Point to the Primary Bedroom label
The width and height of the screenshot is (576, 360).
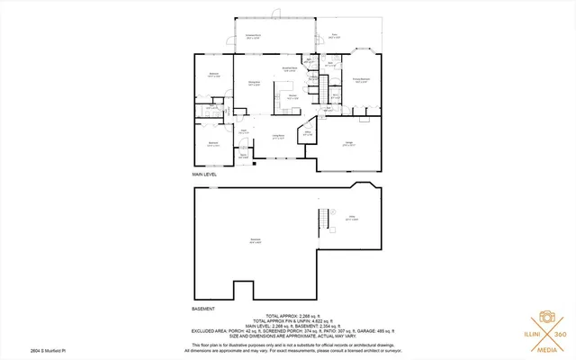[x=363, y=80]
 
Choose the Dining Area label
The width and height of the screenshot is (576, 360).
[x=255, y=83]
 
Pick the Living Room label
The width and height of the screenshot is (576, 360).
[x=280, y=137]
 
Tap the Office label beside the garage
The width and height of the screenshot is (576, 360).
[x=307, y=133]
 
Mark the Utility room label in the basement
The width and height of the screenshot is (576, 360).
[x=354, y=218]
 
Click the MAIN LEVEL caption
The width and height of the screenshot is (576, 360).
[x=206, y=173]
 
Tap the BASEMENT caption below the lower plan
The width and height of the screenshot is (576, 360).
[x=204, y=309]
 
